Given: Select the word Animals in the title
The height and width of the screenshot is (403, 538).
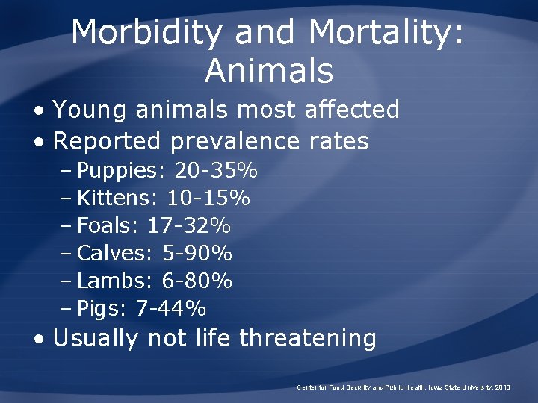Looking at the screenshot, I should pos(269,71).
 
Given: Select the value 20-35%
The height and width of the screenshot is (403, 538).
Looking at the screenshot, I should pos(216,171).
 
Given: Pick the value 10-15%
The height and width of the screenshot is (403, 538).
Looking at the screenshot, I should pos(208,199).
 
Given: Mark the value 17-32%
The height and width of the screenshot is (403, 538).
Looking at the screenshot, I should pos(189,226).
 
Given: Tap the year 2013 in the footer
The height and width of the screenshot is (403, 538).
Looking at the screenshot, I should pos(502,388).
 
